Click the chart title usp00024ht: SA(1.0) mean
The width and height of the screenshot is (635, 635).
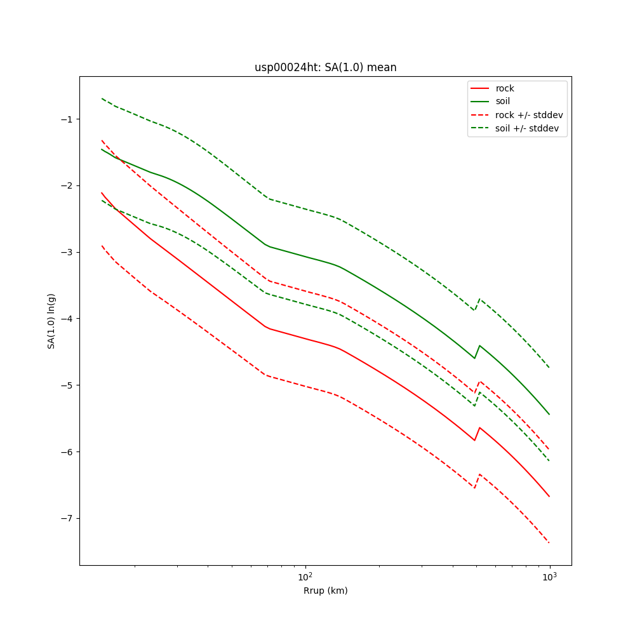pyautogui.click(x=325, y=68)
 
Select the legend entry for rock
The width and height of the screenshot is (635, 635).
pyautogui.click(x=505, y=88)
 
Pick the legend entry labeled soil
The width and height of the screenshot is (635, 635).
pyautogui.click(x=503, y=101)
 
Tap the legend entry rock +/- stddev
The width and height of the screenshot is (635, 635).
pyautogui.click(x=529, y=115)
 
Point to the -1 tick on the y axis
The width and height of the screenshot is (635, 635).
pyautogui.click(x=67, y=119)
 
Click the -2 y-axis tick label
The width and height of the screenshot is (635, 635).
pyautogui.click(x=67, y=185)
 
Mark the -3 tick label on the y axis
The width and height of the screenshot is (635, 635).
pyautogui.click(x=67, y=252)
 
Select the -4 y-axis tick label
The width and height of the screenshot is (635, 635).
pyautogui.click(x=67, y=319)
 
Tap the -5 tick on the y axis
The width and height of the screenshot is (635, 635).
pyautogui.click(x=67, y=385)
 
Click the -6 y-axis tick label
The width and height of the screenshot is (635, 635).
pyautogui.click(x=67, y=451)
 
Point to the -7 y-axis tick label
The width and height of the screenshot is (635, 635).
pyautogui.click(x=67, y=518)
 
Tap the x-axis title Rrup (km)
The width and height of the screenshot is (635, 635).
pyautogui.click(x=325, y=591)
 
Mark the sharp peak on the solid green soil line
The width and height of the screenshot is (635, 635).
pyautogui.click(x=479, y=345)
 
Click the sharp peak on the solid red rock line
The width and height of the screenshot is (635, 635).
pyautogui.click(x=479, y=427)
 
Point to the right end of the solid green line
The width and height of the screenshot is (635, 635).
pyautogui.click(x=549, y=415)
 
